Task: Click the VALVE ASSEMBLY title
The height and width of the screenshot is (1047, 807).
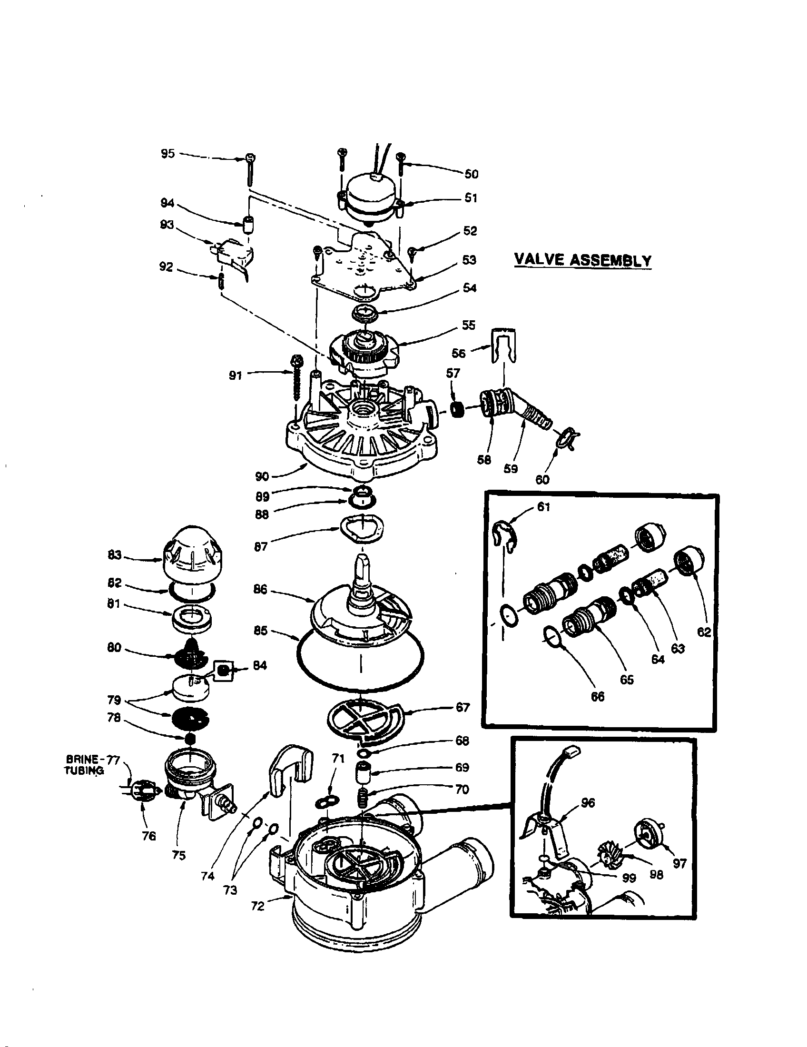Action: point(582,260)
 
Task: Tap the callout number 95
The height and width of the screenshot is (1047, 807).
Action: point(167,154)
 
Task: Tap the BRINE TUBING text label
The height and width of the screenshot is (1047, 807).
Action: point(85,765)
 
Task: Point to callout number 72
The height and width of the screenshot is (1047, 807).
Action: point(257,906)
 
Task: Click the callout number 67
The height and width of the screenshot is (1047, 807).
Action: point(463,707)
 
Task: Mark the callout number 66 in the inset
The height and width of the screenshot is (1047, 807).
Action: point(597,697)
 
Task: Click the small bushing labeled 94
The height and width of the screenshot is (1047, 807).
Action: point(248,224)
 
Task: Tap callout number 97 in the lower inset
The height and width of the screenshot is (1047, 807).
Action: point(679,863)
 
